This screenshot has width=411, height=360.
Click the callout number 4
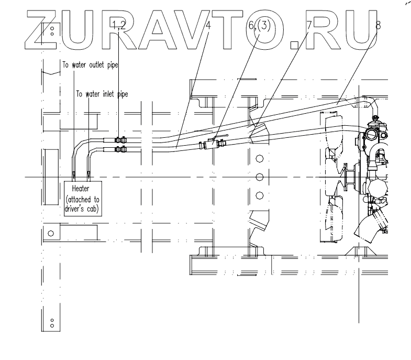208,24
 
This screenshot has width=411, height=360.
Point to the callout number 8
378,24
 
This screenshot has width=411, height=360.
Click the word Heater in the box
82,188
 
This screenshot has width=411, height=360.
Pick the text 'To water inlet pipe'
102,94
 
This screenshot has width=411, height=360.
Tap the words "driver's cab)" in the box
83,208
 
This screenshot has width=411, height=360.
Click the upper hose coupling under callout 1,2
120,140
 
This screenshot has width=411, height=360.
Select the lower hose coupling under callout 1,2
120,150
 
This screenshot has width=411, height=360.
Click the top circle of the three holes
259,158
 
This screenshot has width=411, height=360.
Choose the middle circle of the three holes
259,177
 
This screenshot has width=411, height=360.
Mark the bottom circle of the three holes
259,195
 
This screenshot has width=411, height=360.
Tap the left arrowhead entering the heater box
75,174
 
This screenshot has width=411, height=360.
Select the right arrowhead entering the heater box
88,174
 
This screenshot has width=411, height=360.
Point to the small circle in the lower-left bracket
51,233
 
